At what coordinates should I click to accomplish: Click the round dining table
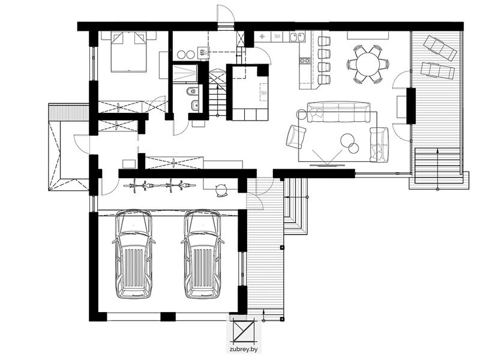click(368, 64)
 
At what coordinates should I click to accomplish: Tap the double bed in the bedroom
click(128, 52)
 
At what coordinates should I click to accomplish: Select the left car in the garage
click(133, 254)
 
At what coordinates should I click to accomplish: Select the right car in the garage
click(202, 254)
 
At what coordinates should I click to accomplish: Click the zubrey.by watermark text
click(244, 349)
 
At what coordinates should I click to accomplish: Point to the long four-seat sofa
click(338, 112)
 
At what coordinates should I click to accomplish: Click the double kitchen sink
click(297, 37)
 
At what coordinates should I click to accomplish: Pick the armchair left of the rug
click(296, 137)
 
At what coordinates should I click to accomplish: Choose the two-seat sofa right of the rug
click(379, 145)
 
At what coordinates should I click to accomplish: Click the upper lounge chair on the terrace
click(440, 47)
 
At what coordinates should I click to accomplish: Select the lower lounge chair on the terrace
click(437, 71)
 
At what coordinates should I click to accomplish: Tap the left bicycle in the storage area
click(142, 185)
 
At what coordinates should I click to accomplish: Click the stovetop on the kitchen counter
click(305, 61)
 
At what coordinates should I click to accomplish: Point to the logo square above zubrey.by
click(244, 331)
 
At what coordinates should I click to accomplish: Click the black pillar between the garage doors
click(168, 317)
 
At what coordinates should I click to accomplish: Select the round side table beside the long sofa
click(302, 115)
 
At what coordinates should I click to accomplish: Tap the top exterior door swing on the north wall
click(226, 14)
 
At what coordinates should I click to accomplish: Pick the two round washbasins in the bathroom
click(186, 55)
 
